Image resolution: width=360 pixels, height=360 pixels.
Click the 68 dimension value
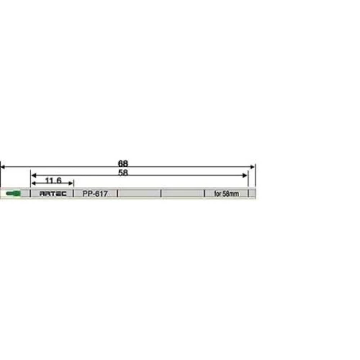(123, 163)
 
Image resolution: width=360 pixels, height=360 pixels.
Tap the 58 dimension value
(123, 173)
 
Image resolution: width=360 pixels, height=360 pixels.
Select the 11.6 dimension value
(52, 181)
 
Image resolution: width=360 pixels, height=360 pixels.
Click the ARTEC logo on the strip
(52, 194)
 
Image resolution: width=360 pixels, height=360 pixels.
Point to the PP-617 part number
(95, 194)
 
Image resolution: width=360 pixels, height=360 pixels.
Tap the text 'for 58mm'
(226, 194)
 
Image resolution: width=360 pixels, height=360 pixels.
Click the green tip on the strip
(12, 194)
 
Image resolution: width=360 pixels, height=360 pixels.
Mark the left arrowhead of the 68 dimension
(3, 167)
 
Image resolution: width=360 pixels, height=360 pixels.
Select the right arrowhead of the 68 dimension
(253, 167)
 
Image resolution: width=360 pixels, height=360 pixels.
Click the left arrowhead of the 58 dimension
(33, 176)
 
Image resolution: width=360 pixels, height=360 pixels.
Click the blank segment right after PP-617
(139, 194)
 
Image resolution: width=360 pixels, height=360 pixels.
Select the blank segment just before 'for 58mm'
(182, 194)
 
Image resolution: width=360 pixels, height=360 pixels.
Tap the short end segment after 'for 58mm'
(252, 194)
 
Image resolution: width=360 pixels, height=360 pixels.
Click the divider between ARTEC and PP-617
(74, 194)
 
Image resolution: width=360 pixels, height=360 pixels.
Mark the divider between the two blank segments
(161, 194)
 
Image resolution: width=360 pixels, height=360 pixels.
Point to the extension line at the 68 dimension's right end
(256, 176)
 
